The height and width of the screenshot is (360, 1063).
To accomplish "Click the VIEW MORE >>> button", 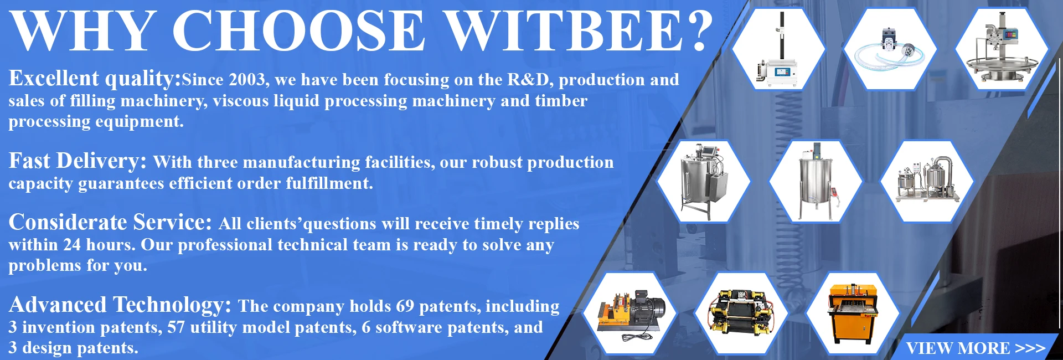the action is [x=976, y=348].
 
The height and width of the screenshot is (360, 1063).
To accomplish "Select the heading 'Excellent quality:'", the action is [x=95, y=79].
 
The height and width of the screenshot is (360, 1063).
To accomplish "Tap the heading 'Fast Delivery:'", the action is [x=78, y=161].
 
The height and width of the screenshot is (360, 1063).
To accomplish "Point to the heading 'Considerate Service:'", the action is [x=110, y=222].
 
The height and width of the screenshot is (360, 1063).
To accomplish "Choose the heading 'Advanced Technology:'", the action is [x=120, y=305].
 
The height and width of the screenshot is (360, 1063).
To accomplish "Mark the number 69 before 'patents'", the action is [x=405, y=306].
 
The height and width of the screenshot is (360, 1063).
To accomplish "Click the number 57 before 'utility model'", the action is [x=176, y=327].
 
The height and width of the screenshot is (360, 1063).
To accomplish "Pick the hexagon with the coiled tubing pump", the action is [x=890, y=49].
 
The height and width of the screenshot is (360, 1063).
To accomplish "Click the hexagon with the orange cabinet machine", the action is [x=853, y=313].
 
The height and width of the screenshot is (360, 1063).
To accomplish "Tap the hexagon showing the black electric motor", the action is [x=631, y=313].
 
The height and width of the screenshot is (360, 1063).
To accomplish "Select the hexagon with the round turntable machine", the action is [x=1002, y=49].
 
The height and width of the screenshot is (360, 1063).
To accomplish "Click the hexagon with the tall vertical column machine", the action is [x=778, y=49].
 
